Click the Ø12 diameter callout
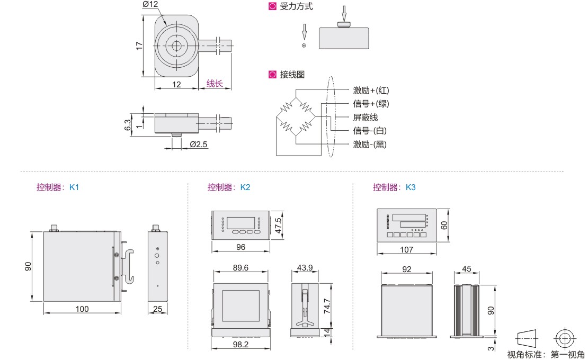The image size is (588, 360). click(x=150, y=4)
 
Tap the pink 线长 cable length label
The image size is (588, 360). click(x=215, y=84)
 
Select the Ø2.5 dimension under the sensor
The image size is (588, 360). click(x=198, y=144)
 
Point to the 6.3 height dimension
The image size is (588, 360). click(x=128, y=125)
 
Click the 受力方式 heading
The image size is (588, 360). click(x=296, y=6)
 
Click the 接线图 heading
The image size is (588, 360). click(x=292, y=75)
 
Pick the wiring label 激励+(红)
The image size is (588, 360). click(x=371, y=91)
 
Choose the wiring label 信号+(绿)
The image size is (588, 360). click(x=371, y=104)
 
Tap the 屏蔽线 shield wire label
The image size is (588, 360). click(x=366, y=117)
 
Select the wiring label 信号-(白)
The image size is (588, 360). click(x=370, y=131)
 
